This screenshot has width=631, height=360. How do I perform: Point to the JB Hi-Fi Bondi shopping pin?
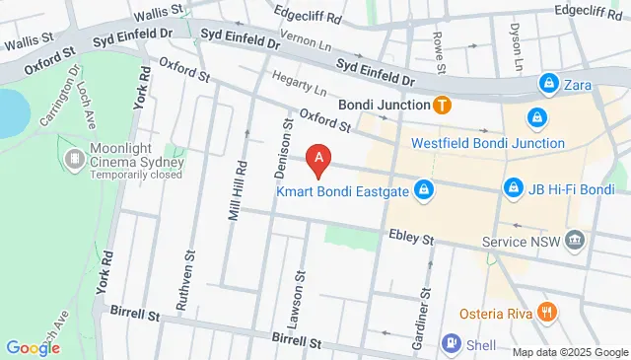pyautogui.click(x=512, y=187)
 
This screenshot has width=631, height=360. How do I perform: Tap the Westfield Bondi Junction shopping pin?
pyautogui.click(x=536, y=118)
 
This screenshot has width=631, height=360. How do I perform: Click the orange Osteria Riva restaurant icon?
pyautogui.click(x=548, y=313)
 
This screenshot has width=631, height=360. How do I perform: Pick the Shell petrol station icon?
pyautogui.click(x=451, y=344)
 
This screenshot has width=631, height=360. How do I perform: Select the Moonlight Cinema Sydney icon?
pyautogui.click(x=75, y=159)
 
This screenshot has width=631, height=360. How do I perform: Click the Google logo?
pyautogui.click(x=33, y=347)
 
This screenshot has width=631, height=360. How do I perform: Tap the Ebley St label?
pyautogui.click(x=410, y=239)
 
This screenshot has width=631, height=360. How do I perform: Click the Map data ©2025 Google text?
pyautogui.click(x=569, y=352)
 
